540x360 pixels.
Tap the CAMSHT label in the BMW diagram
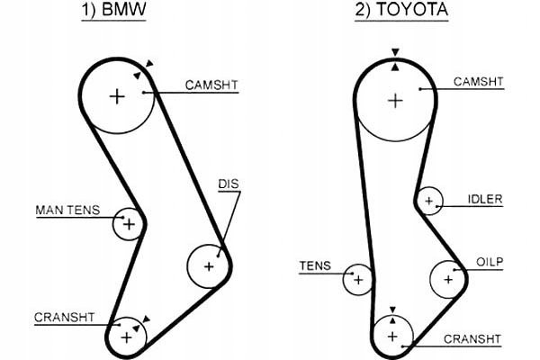click(211, 85)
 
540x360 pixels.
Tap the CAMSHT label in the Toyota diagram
click(478, 82)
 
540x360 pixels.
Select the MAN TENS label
click(67, 210)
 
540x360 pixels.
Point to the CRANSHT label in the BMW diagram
click(65, 317)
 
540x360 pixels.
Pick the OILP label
click(490, 262)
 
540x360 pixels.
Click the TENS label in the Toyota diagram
click(315, 265)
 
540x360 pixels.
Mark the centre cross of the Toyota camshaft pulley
click(394, 100)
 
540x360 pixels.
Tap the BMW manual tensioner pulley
click(128, 223)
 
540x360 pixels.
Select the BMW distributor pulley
click(209, 265)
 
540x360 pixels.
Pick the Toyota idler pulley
click(429, 201)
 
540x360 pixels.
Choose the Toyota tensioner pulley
click(358, 279)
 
